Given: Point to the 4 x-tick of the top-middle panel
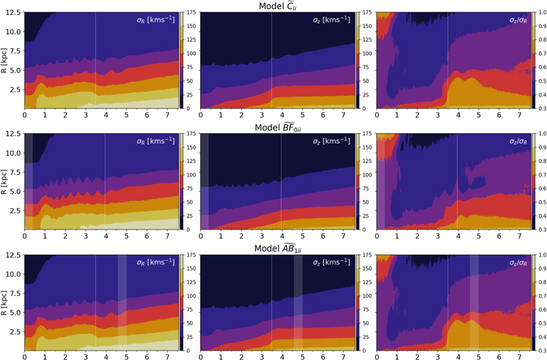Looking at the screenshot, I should tap(281, 114).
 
